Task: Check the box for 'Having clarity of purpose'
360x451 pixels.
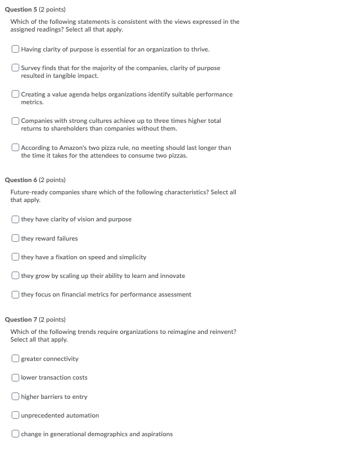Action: (15, 49)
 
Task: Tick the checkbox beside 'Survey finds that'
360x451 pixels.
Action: (15, 68)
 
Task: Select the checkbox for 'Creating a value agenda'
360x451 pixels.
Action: (15, 95)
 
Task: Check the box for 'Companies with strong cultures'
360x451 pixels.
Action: (15, 121)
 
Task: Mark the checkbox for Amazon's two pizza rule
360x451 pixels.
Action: (15, 147)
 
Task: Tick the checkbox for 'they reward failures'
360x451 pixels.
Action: (15, 238)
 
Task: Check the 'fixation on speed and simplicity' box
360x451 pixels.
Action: (15, 257)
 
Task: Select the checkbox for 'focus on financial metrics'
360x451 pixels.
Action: (15, 295)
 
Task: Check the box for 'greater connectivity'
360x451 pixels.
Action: (15, 358)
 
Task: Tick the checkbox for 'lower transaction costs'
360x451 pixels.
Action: (15, 378)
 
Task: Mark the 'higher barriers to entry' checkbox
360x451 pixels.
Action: (15, 396)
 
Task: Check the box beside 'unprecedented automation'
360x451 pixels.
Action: (15, 415)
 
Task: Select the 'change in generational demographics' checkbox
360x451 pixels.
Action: (15, 434)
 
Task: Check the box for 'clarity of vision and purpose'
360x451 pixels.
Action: (15, 219)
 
